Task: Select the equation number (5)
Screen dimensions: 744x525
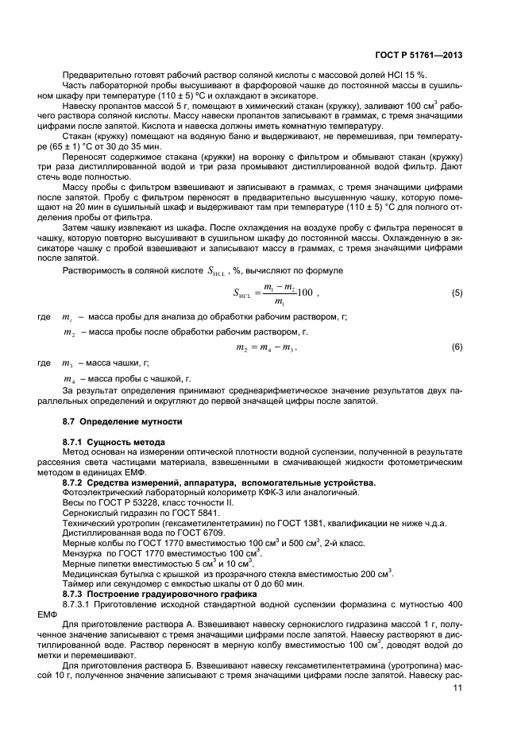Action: (x=457, y=293)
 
